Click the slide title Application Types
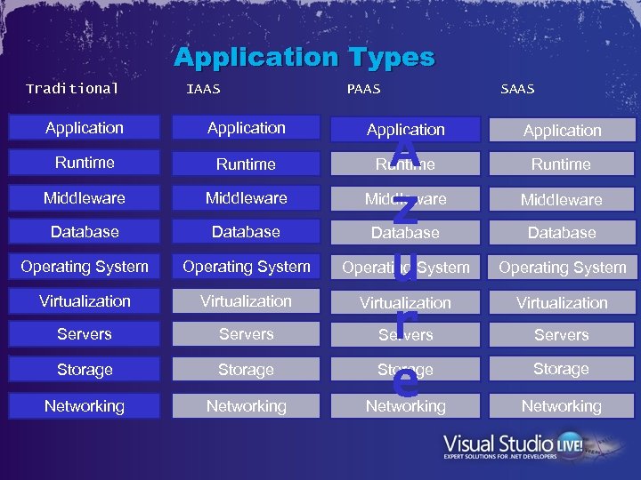click(304, 58)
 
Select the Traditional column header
click(72, 88)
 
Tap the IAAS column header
click(203, 89)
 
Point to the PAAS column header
click(363, 89)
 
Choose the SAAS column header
click(517, 89)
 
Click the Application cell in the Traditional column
click(85, 128)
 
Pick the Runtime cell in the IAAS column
click(247, 164)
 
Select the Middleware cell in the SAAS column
click(562, 199)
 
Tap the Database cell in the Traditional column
click(85, 232)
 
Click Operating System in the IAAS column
click(247, 267)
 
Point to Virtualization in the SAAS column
click(562, 302)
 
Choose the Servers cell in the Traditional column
click(85, 334)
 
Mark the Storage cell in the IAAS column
click(247, 370)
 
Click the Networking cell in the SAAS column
click(562, 406)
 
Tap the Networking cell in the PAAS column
click(406, 406)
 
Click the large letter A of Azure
click(405, 148)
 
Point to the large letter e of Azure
click(405, 382)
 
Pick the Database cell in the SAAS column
click(562, 233)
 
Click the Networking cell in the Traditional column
click(85, 406)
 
